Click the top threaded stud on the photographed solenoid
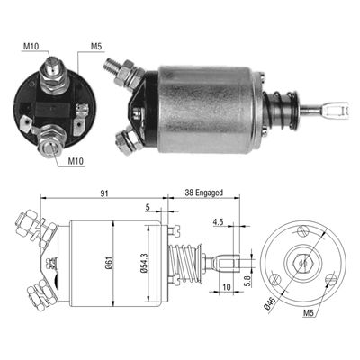coord(112,66)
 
